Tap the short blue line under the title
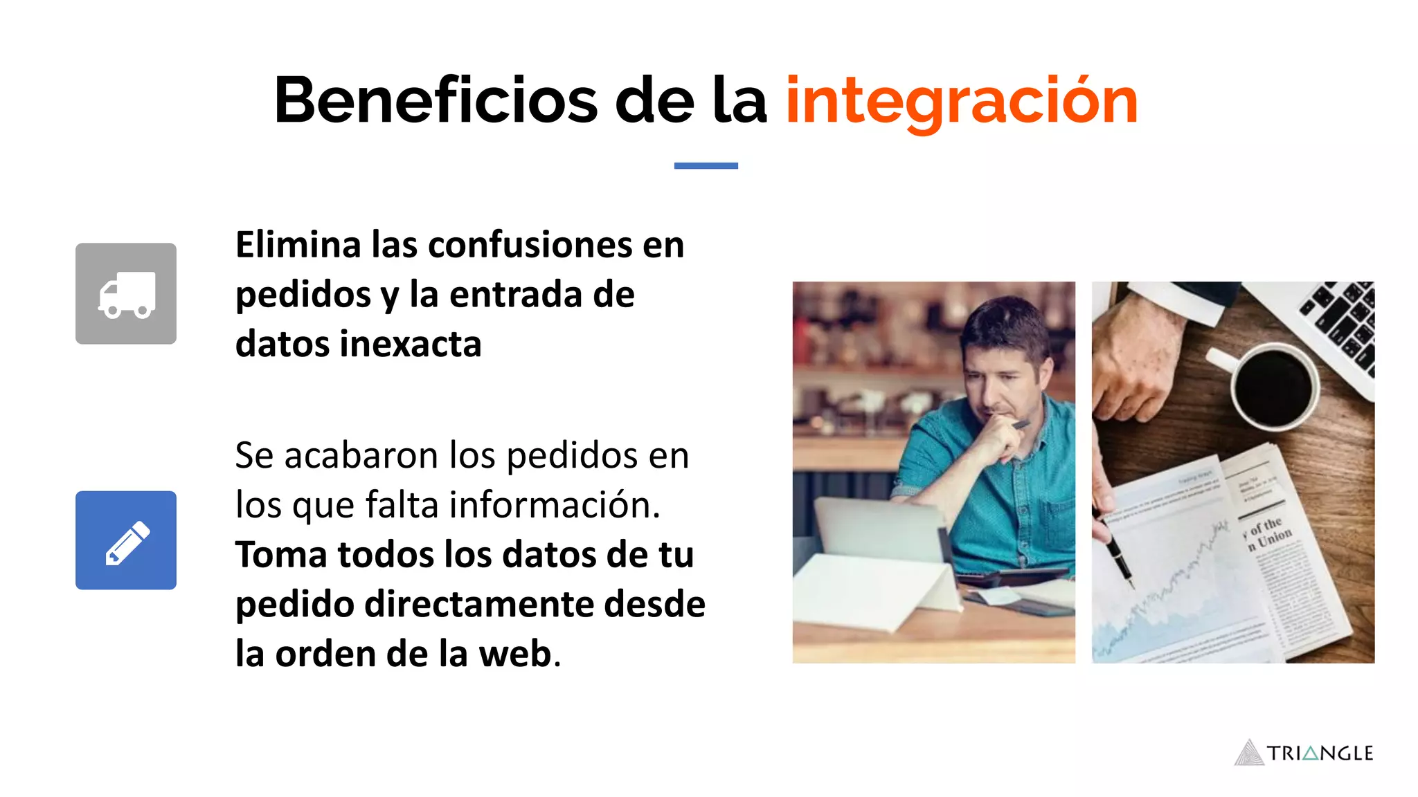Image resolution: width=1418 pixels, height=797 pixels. (706, 166)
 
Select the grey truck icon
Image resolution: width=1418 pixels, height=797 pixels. (126, 293)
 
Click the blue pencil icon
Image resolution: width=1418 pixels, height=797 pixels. (126, 540)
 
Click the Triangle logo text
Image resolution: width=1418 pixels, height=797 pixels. (1320, 753)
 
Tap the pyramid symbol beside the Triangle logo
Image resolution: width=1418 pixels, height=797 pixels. (1249, 753)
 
